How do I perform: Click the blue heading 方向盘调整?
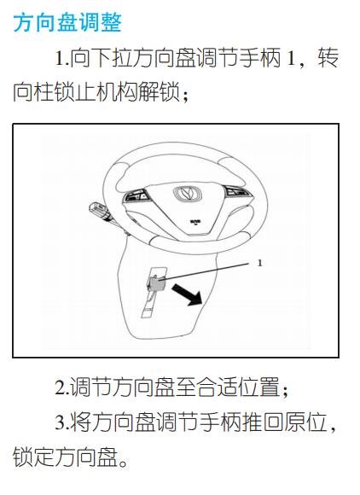pyautogui.click(x=67, y=22)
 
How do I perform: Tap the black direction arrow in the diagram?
pyautogui.click(x=187, y=294)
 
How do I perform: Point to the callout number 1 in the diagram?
pyautogui.click(x=259, y=263)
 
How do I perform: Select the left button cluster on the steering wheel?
pyautogui.click(x=137, y=195)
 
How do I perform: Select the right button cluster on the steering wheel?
pyautogui.click(x=236, y=191)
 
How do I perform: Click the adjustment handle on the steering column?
pyautogui.click(x=155, y=282)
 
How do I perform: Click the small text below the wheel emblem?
pyautogui.click(x=195, y=222)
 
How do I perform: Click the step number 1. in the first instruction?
pyautogui.click(x=61, y=59)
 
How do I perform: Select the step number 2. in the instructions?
pyautogui.click(x=61, y=387)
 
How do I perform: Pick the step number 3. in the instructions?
pyautogui.click(x=61, y=422)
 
